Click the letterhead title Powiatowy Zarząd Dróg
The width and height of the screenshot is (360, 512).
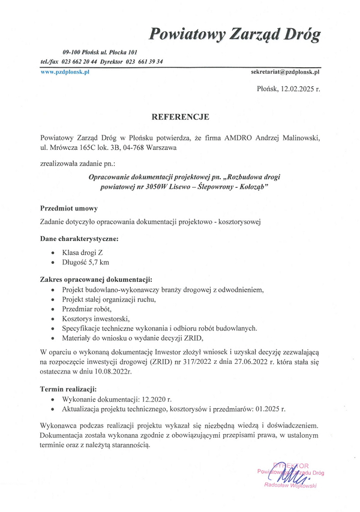pos(235,33)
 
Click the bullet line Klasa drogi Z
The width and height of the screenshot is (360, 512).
pos(82,252)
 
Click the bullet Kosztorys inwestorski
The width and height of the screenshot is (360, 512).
pos(95,318)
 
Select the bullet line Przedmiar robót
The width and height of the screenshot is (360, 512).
pos(85,309)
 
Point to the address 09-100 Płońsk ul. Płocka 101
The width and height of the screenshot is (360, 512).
pos(100,53)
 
